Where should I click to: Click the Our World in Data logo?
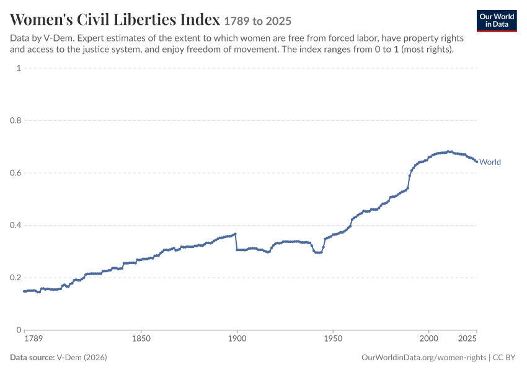497,21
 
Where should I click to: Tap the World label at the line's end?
490,162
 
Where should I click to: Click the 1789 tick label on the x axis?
33,339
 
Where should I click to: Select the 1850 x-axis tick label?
141,339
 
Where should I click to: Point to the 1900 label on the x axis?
237,339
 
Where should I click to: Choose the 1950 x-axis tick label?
333,339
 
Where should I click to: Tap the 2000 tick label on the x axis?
428,339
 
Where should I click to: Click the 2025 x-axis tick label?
467,339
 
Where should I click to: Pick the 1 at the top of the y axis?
19,68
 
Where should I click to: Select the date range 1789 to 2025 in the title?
257,21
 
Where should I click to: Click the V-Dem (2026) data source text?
82,357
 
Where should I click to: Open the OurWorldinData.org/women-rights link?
424,358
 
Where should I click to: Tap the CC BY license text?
504,358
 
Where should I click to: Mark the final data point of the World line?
477,162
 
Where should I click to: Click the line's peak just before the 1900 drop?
235,234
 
